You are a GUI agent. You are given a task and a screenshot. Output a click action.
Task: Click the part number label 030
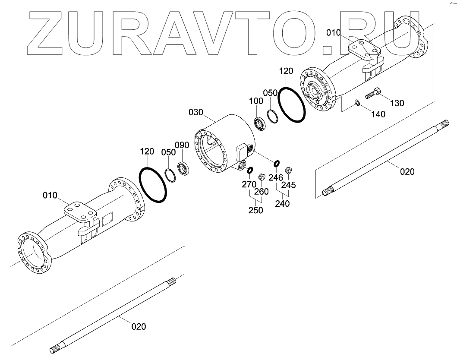[195, 112]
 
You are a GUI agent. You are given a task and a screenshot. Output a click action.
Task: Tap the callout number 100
[256, 101]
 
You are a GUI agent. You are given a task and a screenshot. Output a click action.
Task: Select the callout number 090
[181, 144]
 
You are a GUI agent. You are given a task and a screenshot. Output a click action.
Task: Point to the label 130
[397, 103]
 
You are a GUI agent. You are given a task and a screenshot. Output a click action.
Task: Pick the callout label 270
[249, 184]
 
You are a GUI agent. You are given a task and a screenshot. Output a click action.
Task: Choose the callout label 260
[262, 191]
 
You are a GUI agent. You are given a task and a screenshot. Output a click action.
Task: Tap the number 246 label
[275, 177]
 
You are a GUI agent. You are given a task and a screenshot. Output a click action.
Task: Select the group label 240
[282, 204]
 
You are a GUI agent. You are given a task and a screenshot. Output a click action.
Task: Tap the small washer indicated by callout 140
[357, 103]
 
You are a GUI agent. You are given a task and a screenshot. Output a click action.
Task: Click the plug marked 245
[290, 170]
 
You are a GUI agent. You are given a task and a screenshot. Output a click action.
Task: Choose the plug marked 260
[261, 177]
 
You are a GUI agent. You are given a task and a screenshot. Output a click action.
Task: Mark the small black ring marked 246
[276, 163]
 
